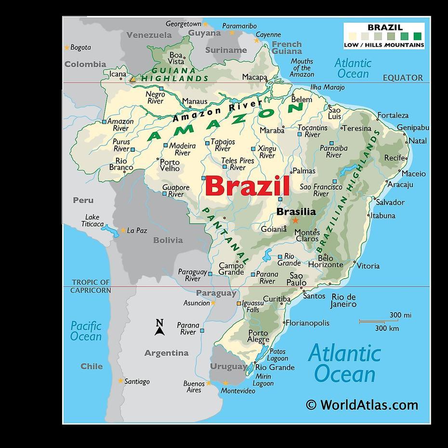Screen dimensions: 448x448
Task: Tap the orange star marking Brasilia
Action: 295,221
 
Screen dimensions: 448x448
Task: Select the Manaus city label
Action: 195,102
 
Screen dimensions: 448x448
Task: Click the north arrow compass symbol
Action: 159,328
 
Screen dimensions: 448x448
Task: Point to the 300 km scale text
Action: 387,329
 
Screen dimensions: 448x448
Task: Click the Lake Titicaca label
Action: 92,221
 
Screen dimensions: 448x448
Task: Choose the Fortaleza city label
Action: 393,115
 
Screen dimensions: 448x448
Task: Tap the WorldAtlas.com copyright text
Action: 362,405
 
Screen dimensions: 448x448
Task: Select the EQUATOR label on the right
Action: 403,78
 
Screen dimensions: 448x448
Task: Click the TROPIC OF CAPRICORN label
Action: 91,286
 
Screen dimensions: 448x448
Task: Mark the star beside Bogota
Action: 66,47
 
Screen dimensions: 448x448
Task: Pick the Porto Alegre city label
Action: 258,336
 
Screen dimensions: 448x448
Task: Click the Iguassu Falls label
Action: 252,306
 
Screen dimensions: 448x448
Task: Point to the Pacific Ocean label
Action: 86,331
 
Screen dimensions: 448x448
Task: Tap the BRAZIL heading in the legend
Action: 385,27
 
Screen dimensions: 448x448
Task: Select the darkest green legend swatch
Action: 417,36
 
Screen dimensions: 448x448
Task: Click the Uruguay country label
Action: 228,367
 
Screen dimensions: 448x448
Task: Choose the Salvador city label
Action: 390,202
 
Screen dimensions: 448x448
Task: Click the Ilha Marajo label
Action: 328,87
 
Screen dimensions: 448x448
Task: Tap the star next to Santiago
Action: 120,381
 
